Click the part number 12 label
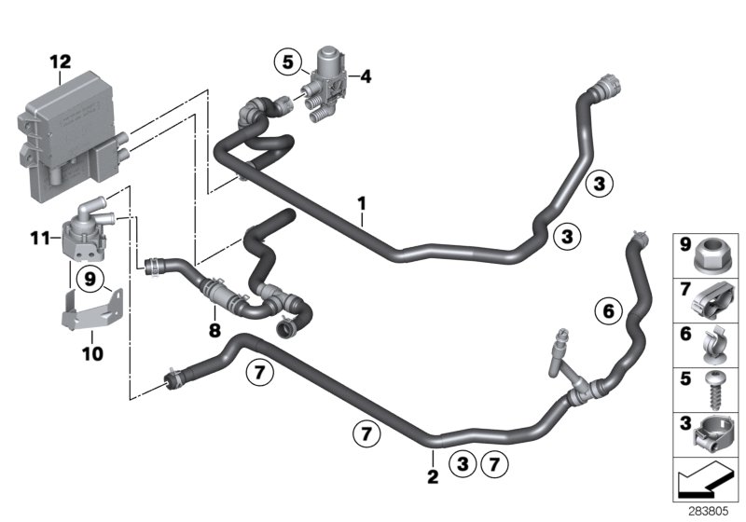coord(60,62)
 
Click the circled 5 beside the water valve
coord(288,63)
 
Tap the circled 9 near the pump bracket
coord(90,277)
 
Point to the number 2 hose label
coord(432,477)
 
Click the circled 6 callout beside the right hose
coord(606,310)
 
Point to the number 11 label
coord(38,240)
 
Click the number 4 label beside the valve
coord(366,77)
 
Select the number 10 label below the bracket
coord(92,354)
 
